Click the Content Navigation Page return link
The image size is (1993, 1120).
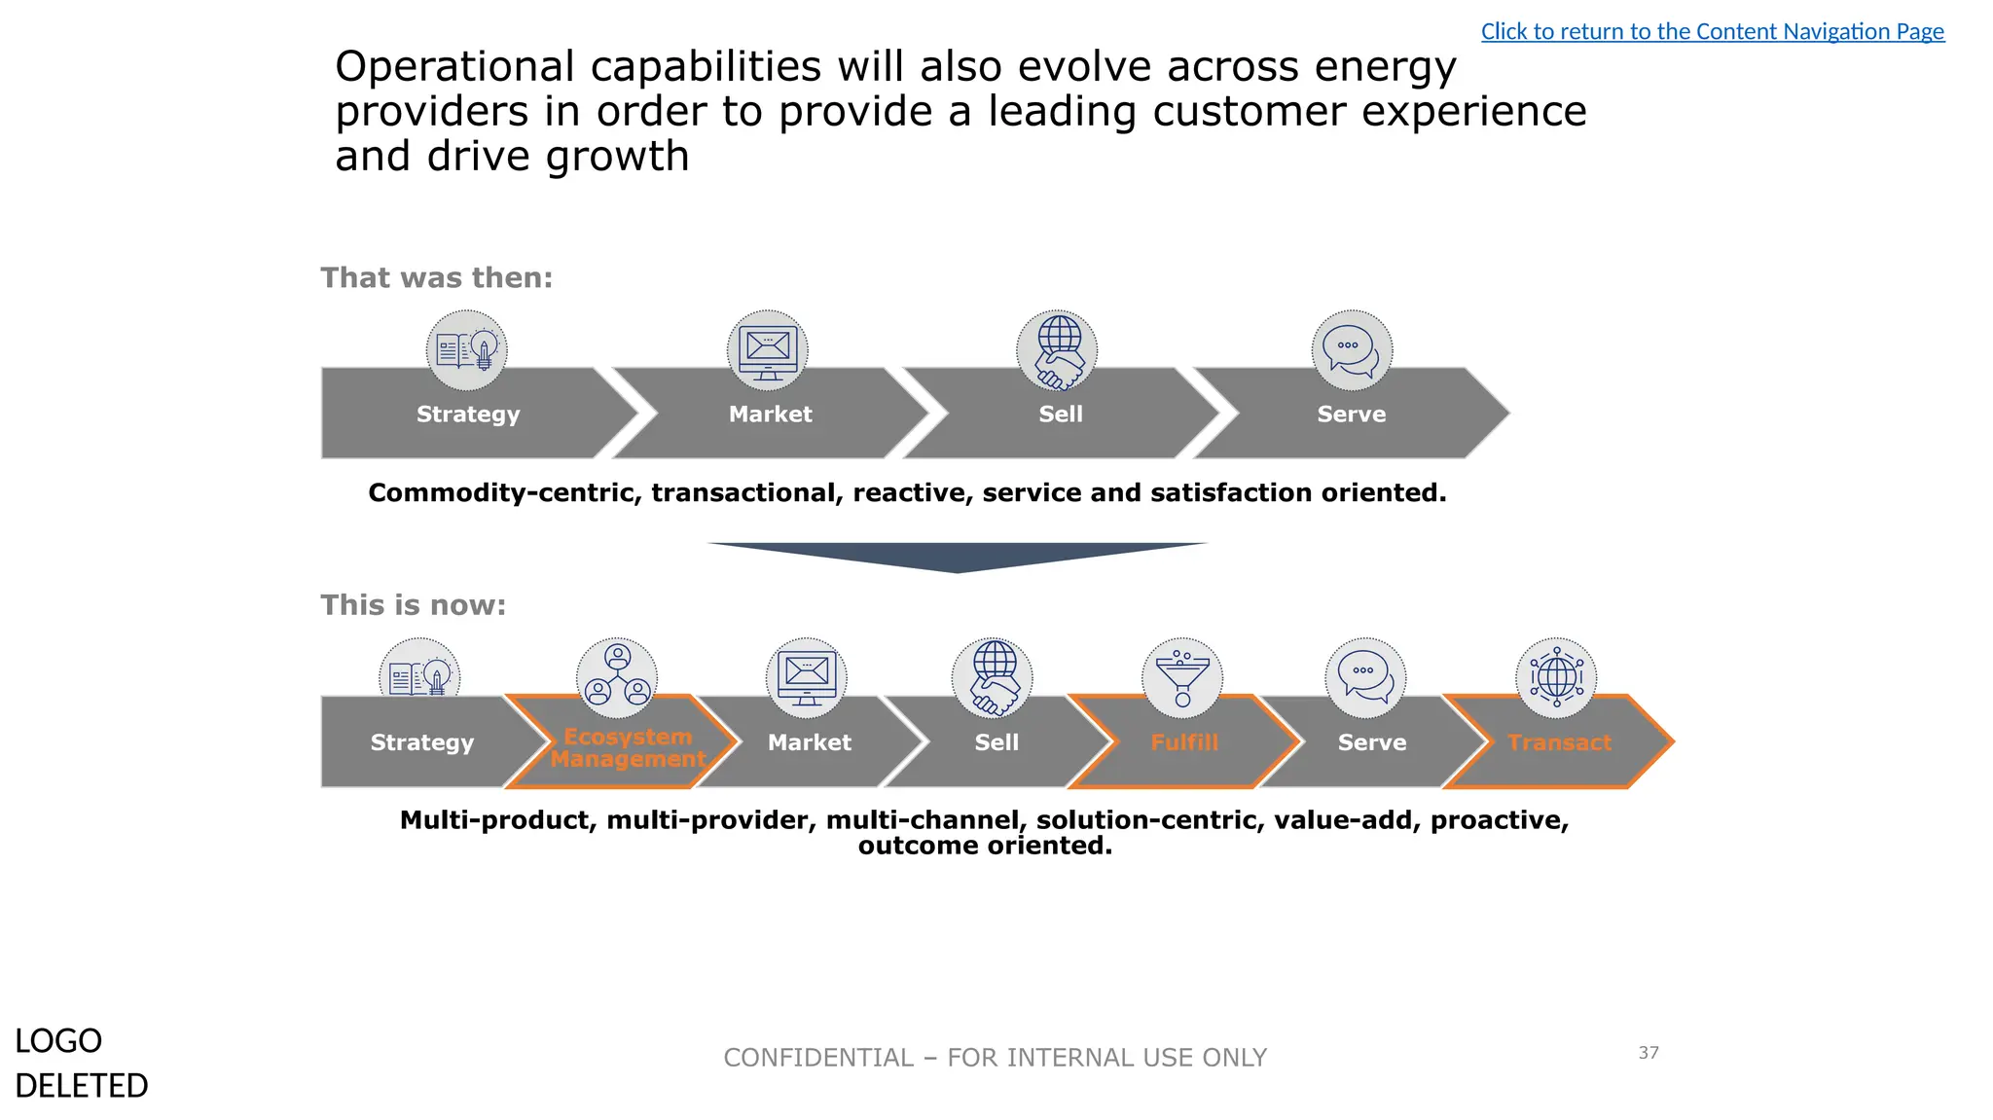pyautogui.click(x=1712, y=31)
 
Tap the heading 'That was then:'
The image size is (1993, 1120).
pyautogui.click(x=436, y=278)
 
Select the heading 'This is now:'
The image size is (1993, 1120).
pyautogui.click(x=413, y=605)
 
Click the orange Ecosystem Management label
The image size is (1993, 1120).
pyautogui.click(x=628, y=747)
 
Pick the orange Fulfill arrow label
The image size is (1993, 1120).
pyautogui.click(x=1183, y=742)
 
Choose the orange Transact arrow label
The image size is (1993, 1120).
pyautogui.click(x=1559, y=742)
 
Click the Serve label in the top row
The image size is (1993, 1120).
pyautogui.click(x=1351, y=415)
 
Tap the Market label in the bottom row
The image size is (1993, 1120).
pyautogui.click(x=809, y=742)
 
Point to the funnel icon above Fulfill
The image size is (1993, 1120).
pyautogui.click(x=1182, y=677)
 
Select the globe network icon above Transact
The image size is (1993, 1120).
pyautogui.click(x=1556, y=676)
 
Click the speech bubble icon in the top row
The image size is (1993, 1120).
pyautogui.click(x=1352, y=349)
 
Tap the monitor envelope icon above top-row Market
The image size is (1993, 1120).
pyautogui.click(x=768, y=350)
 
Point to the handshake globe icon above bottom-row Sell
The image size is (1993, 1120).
pyautogui.click(x=993, y=677)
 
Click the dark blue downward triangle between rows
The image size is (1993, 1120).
pyautogui.click(x=958, y=556)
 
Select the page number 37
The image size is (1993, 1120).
pyautogui.click(x=1649, y=1053)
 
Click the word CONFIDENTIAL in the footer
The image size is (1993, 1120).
pyautogui.click(x=818, y=1058)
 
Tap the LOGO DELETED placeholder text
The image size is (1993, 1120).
pyautogui.click(x=81, y=1063)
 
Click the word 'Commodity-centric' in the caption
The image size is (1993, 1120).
pyautogui.click(x=504, y=493)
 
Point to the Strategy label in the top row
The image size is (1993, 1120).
pyautogui.click(x=468, y=415)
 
